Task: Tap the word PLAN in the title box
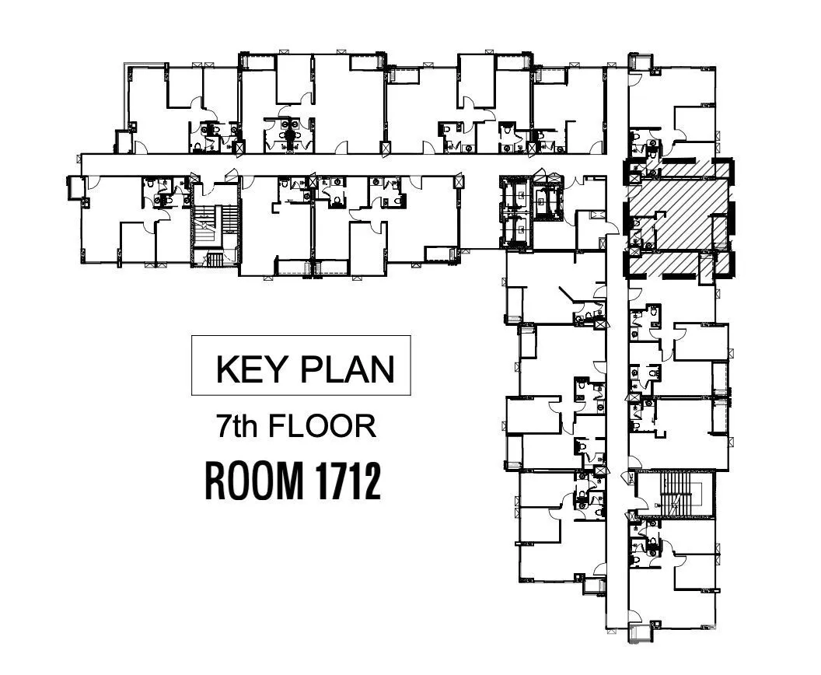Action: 348,369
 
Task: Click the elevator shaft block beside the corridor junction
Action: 515,212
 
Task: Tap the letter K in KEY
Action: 227,369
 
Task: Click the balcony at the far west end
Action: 76,188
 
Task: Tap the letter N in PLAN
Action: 383,369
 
